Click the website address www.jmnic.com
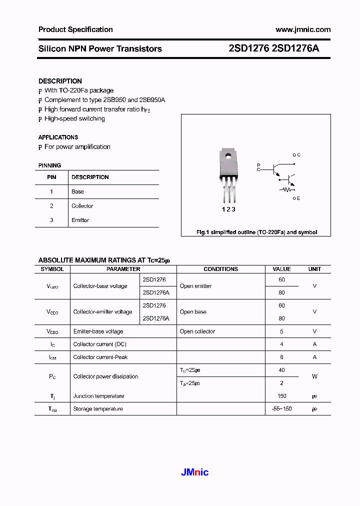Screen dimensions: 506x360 click(x=303, y=29)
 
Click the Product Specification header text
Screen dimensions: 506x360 click(x=75, y=29)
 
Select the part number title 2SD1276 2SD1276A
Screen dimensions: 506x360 click(x=273, y=48)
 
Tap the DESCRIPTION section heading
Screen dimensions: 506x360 click(x=60, y=81)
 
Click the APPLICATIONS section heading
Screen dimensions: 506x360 click(x=58, y=137)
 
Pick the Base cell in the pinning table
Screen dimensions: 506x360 click(x=77, y=191)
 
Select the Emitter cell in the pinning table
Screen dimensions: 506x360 click(x=80, y=220)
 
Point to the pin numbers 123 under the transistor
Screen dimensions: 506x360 click(x=228, y=209)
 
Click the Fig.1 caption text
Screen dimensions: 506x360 click(x=256, y=232)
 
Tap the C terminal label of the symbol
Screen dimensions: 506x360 click(x=298, y=155)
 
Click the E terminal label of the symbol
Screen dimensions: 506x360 click(x=298, y=198)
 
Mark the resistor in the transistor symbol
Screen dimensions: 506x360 click(x=287, y=189)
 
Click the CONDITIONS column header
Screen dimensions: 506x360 click(x=220, y=269)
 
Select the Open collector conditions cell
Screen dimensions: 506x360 click(x=197, y=331)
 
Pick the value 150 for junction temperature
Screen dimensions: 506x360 click(x=281, y=396)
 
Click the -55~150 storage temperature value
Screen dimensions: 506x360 click(x=281, y=409)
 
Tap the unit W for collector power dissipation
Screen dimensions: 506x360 click(x=314, y=376)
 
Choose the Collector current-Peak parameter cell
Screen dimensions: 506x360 click(x=100, y=357)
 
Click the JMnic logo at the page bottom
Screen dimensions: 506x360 click(x=193, y=472)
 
